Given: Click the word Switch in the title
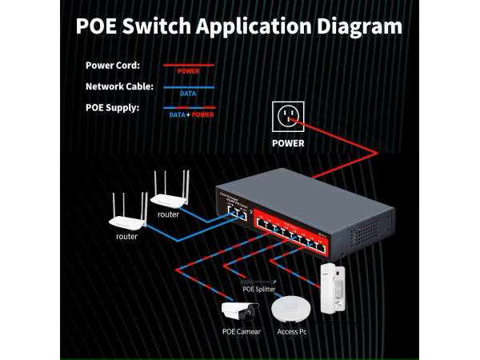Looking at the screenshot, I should click(154, 26).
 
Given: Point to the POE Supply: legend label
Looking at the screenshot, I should click(112, 107).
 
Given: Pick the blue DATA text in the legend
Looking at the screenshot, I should click(188, 92).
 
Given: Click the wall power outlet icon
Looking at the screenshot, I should click(288, 118).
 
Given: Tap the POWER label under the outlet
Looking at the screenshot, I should click(288, 144).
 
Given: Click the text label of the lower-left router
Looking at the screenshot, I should click(126, 237).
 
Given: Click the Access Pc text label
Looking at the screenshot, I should click(290, 332).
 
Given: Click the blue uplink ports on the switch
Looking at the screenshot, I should click(237, 212).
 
